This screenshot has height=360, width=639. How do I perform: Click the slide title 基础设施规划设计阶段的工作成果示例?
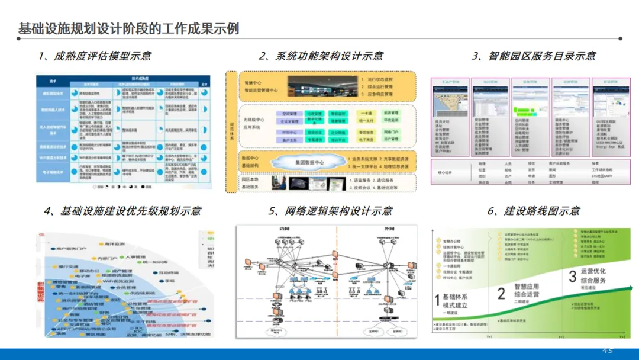tap(129, 28)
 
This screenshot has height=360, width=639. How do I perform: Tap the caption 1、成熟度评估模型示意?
tap(95, 56)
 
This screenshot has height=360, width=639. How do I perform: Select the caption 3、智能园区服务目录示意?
tap(533, 56)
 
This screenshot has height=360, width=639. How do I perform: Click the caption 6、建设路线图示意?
tap(533, 211)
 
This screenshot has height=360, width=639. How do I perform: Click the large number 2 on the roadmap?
tap(501, 293)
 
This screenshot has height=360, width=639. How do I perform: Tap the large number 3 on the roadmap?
tap(572, 276)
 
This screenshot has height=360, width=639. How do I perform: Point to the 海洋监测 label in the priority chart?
tap(111, 243)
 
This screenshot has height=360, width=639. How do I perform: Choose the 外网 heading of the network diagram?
tap(389, 229)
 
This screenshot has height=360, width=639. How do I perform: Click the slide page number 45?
tap(608, 350)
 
